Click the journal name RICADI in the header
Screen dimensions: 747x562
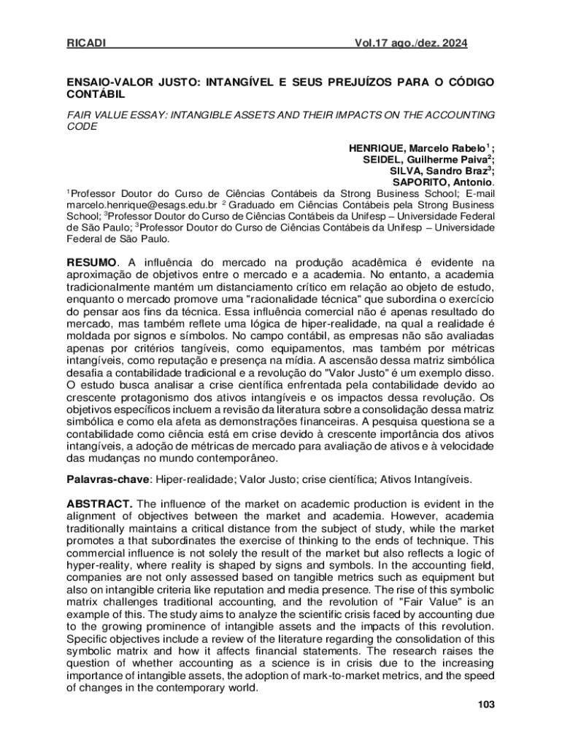86,44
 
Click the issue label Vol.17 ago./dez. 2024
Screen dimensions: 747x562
411,44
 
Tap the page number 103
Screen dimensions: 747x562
485,704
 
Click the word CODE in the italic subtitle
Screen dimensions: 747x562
82,126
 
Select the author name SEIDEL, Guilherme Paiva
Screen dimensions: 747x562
429,160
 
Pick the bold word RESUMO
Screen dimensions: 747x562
91,262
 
